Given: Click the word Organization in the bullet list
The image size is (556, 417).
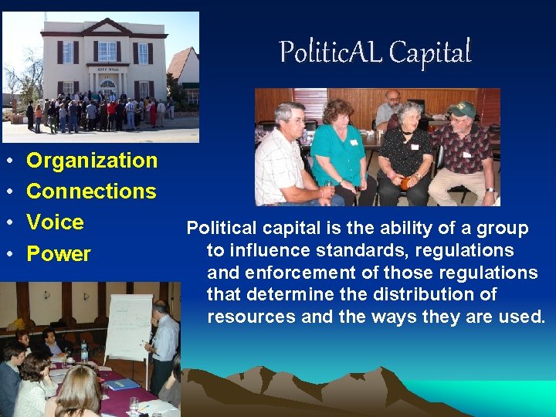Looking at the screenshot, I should (92, 161).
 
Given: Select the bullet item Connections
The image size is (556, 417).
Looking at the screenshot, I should (91, 192).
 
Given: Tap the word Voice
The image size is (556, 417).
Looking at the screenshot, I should (55, 222).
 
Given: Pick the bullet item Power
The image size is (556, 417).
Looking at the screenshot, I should (59, 254).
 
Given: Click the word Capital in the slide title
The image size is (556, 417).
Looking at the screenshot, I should (429, 53).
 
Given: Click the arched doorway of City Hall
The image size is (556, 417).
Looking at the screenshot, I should (107, 85).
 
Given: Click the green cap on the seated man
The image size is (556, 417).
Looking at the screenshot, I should (462, 109).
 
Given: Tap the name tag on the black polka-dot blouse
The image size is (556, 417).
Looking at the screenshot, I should (415, 146).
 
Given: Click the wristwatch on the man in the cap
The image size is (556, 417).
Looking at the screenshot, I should (489, 189).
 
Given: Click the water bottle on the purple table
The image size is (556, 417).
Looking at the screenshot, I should (84, 352).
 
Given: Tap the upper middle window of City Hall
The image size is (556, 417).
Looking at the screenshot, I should (107, 51).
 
